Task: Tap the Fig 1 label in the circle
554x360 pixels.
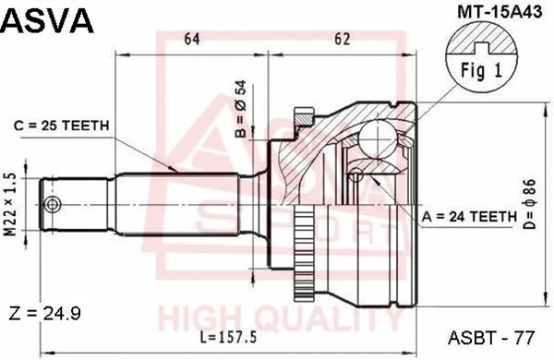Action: pos(479,70)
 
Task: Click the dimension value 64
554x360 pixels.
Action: pos(192,38)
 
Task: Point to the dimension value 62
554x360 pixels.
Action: pos(343,38)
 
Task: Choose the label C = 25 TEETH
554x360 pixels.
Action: pos(62,126)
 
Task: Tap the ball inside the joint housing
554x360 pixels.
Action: pos(378,138)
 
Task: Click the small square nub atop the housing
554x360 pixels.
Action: pos(301,116)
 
